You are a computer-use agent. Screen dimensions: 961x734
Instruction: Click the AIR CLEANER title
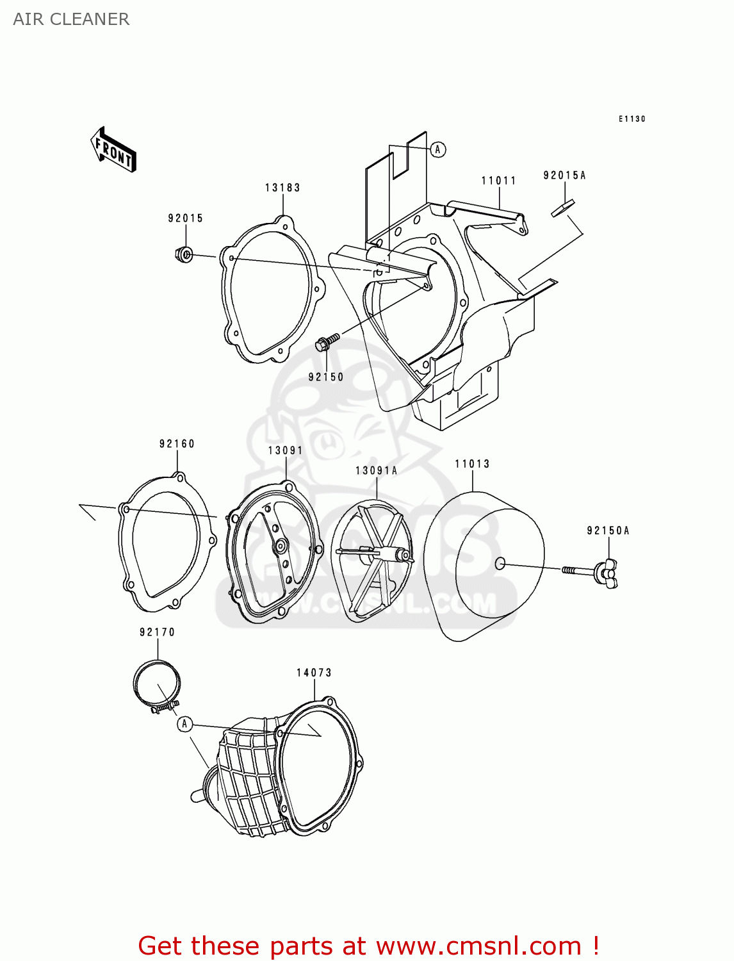pos(71,19)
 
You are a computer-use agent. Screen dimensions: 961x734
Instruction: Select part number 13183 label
pos(282,188)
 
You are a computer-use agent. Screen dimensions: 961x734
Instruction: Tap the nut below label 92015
pos(184,255)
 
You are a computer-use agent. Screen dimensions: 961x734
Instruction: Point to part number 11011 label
pos(498,181)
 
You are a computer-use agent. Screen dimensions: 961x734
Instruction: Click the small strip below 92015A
pos(563,208)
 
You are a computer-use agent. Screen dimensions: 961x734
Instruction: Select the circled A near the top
pos(437,149)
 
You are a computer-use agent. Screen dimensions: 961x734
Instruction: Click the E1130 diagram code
pos(632,119)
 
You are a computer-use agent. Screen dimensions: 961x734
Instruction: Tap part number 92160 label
pos(177,443)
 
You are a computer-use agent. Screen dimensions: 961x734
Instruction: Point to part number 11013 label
pos(472,464)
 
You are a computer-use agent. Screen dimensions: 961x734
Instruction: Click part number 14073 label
pos(314,673)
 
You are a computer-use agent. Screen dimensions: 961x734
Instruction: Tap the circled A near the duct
pos(184,724)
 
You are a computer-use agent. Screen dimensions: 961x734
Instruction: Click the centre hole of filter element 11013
pos(500,564)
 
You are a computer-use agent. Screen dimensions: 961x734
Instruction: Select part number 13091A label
pos(377,471)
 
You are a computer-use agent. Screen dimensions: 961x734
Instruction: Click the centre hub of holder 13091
pos(281,547)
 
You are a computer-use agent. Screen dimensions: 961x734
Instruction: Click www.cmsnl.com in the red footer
pos(478,946)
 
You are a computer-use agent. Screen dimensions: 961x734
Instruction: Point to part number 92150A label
pos(608,530)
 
